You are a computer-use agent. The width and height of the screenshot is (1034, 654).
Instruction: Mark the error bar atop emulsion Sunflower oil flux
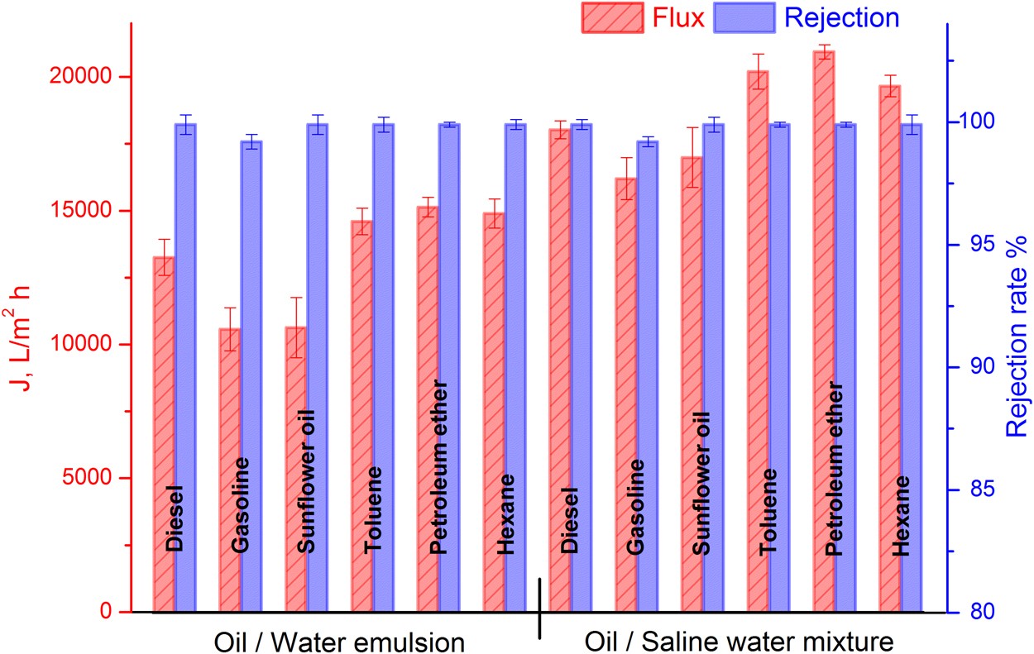pyautogui.click(x=296, y=327)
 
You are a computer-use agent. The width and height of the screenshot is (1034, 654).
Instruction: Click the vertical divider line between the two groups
pyautogui.click(x=540, y=608)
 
